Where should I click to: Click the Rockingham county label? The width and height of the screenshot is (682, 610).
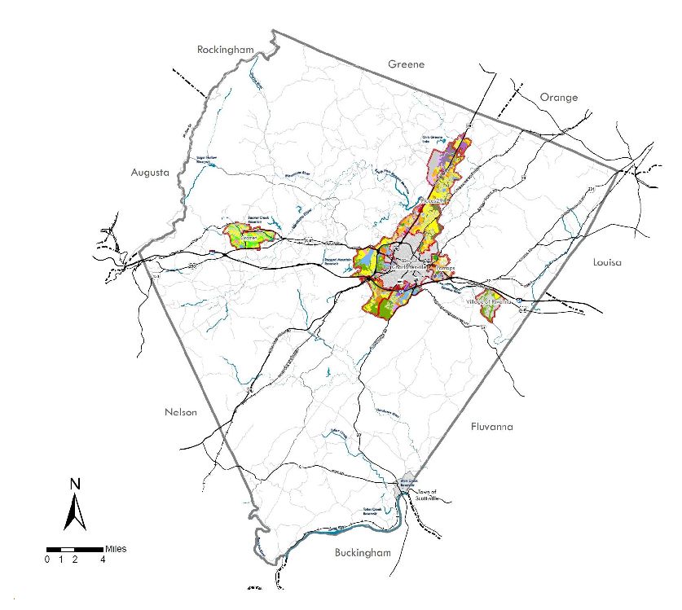click(226, 50)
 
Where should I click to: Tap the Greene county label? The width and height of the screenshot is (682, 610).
click(407, 64)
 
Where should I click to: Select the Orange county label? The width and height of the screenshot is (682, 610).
click(559, 98)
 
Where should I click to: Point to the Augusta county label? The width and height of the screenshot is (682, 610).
click(149, 173)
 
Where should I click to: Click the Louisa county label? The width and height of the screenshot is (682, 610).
click(609, 263)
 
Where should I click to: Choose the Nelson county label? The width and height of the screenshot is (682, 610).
click(180, 412)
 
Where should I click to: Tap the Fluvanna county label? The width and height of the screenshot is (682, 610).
click(492, 427)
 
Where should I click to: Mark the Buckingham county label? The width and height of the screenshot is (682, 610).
click(363, 554)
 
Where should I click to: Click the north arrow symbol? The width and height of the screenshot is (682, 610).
click(75, 511)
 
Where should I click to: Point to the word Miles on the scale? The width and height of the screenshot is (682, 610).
click(116, 549)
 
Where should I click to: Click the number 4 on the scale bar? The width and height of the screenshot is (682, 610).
click(103, 560)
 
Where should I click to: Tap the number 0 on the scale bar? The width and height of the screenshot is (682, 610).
click(47, 560)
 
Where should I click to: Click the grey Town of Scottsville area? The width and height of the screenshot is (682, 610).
click(408, 480)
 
